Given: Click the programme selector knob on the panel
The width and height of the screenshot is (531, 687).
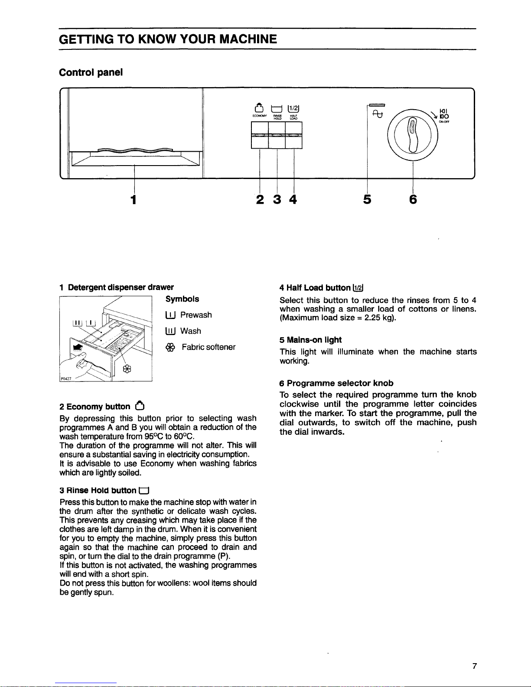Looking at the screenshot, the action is point(413,135).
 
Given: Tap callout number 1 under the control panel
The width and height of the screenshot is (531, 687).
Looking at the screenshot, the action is point(134,199).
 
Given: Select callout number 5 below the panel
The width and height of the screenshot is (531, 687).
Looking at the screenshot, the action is point(367,199).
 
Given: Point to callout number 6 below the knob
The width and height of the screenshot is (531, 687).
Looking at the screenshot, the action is point(413,199).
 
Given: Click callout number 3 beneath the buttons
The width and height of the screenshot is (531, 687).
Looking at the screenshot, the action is point(277,199).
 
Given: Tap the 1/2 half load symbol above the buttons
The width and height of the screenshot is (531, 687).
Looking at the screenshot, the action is point(293,109).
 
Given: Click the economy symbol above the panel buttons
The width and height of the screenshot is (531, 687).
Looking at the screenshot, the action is point(259,108).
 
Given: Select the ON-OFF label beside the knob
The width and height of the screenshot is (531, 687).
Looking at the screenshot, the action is point(444,122).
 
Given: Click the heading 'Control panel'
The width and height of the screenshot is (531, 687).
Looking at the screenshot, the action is point(91,72).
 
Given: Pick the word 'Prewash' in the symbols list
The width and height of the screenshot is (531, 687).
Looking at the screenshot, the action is point(196,315).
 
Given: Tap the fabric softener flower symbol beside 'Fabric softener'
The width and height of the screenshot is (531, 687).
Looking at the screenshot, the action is point(170,348).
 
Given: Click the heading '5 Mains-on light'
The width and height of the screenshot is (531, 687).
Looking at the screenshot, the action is point(310,340).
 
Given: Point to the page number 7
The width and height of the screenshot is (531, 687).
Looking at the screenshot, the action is point(474,666).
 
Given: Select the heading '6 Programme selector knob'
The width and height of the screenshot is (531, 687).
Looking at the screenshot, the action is point(336,383).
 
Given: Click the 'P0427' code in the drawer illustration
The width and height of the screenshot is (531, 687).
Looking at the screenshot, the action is point(66,379).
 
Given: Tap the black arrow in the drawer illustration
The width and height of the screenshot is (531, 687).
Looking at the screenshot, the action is point(78,348).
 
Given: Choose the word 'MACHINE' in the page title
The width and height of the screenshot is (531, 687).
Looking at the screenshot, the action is point(248,39).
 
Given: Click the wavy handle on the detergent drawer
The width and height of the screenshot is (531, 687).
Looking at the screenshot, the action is point(135,150).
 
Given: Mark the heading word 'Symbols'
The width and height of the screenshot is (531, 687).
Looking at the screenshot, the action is point(182,299).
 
